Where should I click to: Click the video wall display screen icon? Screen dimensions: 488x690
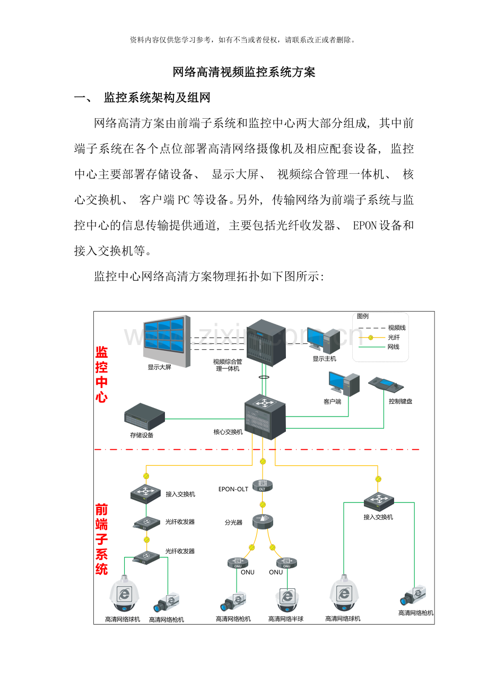click(167, 341)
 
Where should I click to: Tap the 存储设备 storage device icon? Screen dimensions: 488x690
click(145, 417)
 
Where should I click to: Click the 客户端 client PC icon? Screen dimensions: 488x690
click(344, 384)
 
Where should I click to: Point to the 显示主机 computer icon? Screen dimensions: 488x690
click(323, 340)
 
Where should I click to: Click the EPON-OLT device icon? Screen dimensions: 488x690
click(263, 485)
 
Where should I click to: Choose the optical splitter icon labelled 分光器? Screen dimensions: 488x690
click(263, 521)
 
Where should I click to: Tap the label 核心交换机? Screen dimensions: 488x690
click(228, 432)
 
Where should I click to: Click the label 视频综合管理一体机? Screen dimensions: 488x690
click(228, 365)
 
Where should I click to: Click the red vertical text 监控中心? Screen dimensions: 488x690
click(101, 374)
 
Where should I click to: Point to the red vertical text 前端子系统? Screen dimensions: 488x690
click(101, 539)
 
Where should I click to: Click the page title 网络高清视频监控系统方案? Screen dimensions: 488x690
click(244, 72)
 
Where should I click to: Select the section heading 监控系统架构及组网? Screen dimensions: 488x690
click(157, 98)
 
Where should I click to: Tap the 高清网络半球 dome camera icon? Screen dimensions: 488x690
click(287, 599)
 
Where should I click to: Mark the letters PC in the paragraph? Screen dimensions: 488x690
click(184, 200)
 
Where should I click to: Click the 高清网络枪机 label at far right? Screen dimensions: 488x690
click(415, 613)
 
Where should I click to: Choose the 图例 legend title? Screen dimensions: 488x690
click(362, 316)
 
